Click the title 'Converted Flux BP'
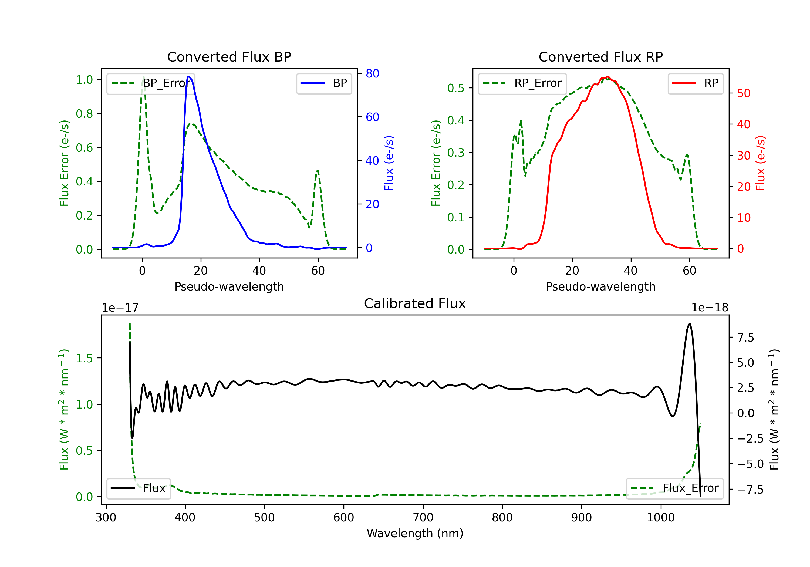click(229, 57)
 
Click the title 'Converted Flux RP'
click(600, 57)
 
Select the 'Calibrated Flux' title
click(415, 303)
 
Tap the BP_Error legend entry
click(151, 83)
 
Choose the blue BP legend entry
click(324, 83)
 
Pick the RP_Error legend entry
click(522, 83)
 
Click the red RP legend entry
click(695, 83)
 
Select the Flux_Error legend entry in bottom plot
click(674, 488)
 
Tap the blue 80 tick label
click(372, 73)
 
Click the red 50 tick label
click(744, 93)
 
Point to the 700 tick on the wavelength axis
click(423, 518)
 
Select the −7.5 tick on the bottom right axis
click(750, 490)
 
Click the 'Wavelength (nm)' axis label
click(415, 533)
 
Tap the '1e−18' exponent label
click(710, 308)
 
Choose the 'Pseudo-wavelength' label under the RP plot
click(600, 286)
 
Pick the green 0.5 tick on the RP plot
click(456, 88)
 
